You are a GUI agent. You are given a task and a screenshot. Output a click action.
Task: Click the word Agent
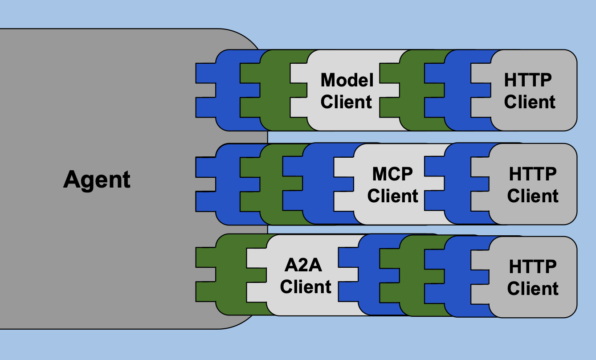[97, 180]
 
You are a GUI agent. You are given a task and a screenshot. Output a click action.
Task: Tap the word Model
[347, 80]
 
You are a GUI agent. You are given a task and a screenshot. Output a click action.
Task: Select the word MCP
[392, 174]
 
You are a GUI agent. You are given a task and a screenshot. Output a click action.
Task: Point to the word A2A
[303, 266]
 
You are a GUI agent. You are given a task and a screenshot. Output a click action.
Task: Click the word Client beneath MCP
[393, 196]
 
